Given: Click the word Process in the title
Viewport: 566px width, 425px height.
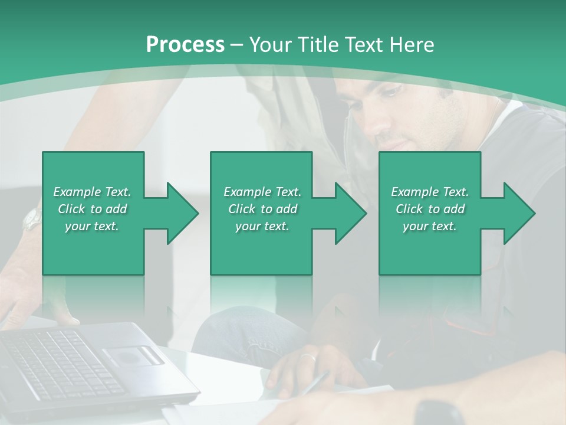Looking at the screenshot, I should tap(185, 44).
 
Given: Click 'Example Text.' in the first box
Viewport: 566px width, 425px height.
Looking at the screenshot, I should tap(92, 192).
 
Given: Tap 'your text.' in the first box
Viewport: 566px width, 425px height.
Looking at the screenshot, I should tap(92, 226).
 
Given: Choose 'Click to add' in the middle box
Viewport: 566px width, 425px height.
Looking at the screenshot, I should tap(262, 209).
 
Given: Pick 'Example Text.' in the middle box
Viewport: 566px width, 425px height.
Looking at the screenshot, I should tap(262, 192).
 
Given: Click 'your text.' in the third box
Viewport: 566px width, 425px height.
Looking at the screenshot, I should tap(430, 226).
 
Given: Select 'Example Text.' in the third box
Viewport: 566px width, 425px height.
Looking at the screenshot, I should tap(430, 192).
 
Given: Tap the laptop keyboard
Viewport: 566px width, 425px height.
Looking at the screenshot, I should tap(59, 363).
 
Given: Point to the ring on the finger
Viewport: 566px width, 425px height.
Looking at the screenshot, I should tap(307, 357).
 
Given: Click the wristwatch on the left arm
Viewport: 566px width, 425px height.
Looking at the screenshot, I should tap(32, 220).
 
